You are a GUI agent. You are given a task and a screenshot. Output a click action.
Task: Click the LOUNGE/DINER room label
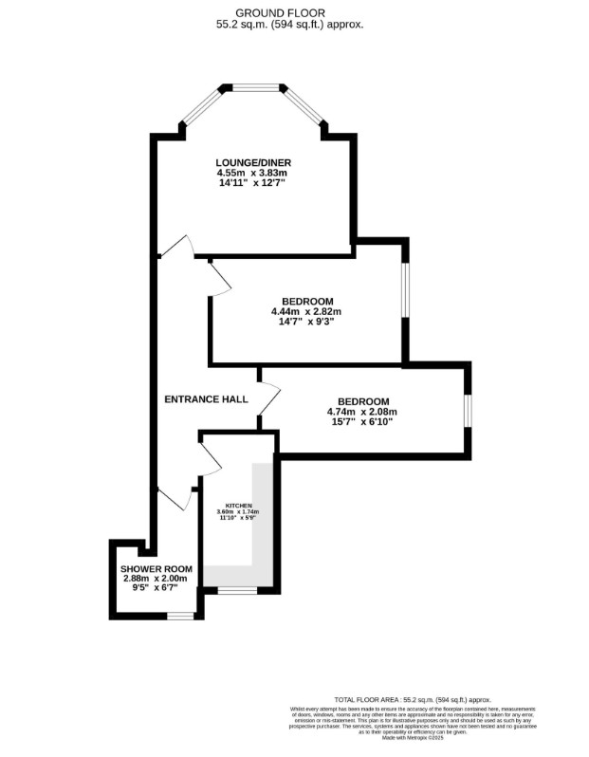251,162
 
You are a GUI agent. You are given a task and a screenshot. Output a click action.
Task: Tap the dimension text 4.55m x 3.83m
251,173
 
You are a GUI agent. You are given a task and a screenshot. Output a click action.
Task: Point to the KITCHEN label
237,505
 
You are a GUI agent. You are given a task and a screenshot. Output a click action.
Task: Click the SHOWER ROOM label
156,568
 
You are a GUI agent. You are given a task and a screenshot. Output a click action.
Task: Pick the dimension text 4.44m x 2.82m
305,311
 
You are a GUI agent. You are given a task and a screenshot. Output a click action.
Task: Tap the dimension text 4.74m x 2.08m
361,412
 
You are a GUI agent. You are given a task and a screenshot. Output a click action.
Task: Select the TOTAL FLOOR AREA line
421,699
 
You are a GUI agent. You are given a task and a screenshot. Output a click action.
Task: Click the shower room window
180,616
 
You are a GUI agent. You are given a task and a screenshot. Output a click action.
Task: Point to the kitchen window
237,590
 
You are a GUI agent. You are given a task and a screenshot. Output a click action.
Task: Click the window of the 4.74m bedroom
467,411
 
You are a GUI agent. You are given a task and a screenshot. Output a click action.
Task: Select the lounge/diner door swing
177,247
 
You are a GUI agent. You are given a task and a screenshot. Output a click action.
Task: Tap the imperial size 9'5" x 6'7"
156,589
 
